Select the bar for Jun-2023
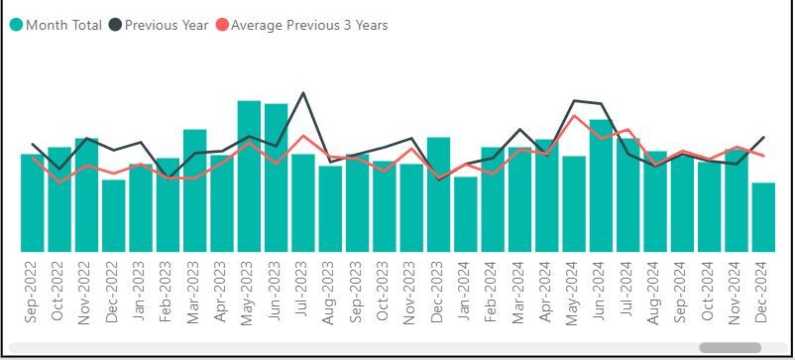pos(276,179)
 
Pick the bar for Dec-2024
pos(763,217)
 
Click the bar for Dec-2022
pos(113,215)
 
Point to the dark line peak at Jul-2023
pos(302,93)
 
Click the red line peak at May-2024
pos(574,116)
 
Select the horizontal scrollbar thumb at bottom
pos(730,348)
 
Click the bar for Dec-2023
pos(438,194)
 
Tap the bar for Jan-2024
pos(465,214)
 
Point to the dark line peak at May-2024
pos(574,100)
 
